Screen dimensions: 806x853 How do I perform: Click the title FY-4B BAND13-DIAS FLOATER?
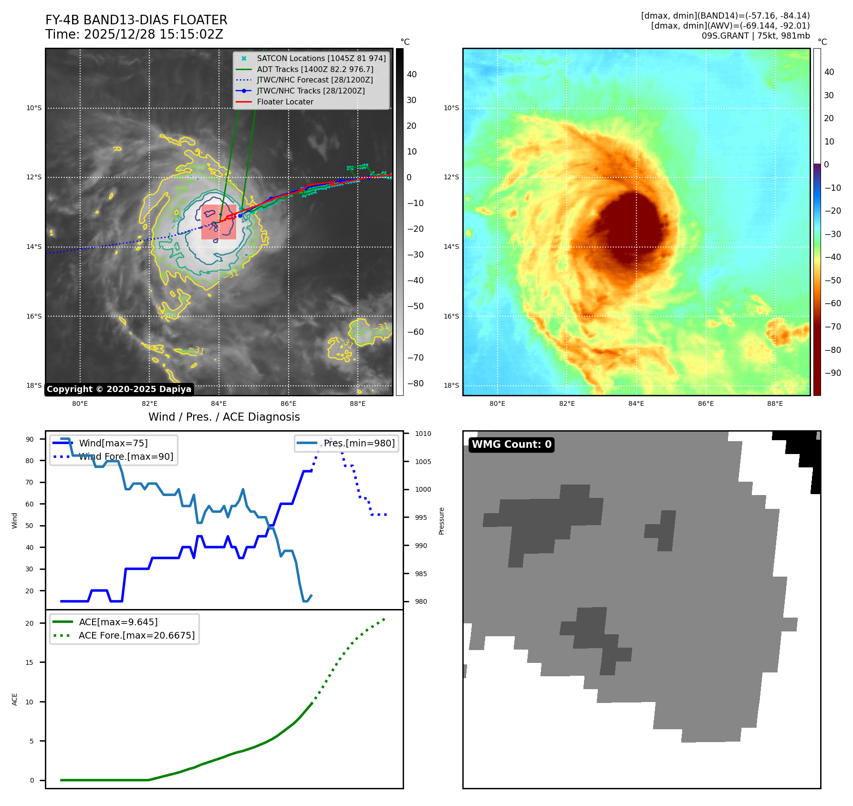tap(136, 20)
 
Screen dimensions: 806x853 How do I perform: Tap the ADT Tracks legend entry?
tap(315, 69)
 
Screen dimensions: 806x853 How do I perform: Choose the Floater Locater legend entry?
tap(285, 102)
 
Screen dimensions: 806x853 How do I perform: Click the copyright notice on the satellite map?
tap(119, 389)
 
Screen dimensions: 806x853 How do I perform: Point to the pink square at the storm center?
tap(218, 222)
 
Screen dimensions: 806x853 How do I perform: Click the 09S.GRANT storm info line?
tap(755, 36)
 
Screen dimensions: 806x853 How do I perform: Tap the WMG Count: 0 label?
tap(511, 444)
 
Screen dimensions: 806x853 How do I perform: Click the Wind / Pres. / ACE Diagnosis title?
tap(224, 417)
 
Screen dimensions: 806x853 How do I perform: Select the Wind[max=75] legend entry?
tap(113, 443)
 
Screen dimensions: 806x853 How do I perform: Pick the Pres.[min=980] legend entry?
tap(359, 443)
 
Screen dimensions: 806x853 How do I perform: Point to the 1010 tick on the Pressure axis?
tap(423, 434)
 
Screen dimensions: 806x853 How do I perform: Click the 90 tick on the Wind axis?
tap(30, 439)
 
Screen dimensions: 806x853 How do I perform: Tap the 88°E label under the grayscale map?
tap(357, 403)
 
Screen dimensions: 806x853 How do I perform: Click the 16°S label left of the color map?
tap(451, 316)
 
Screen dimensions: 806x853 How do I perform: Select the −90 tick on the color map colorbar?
tap(832, 373)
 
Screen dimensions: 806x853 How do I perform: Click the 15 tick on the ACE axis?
tap(30, 662)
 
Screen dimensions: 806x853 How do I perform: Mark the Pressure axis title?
tap(441, 521)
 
